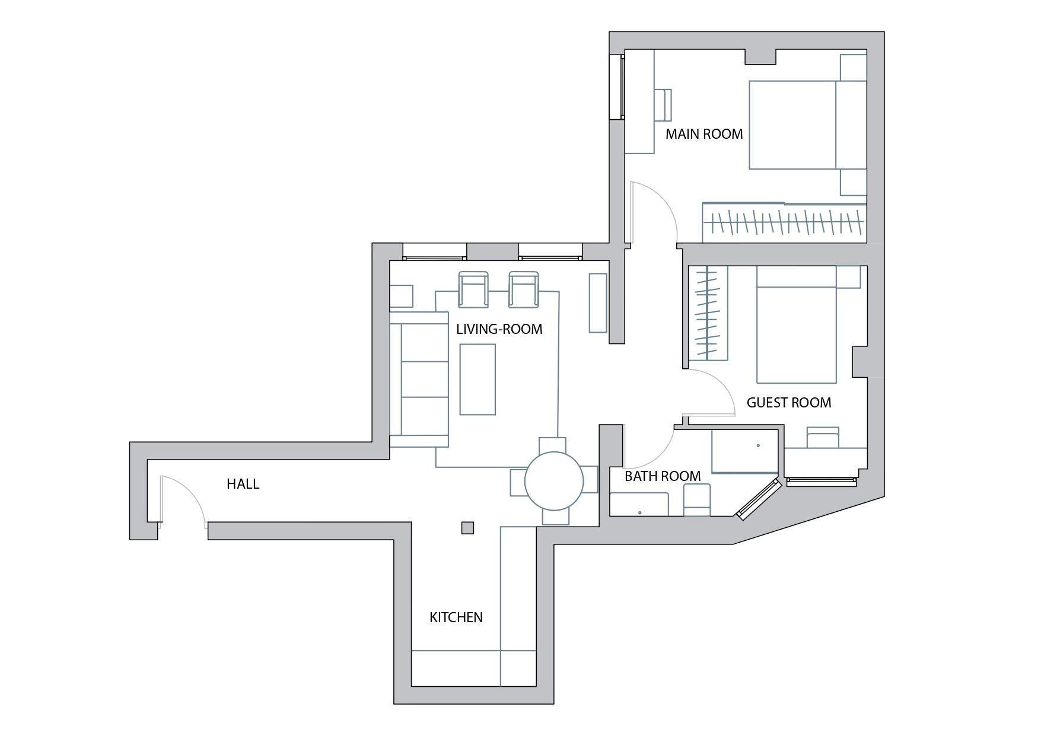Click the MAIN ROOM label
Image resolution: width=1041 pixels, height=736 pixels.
coord(704,134)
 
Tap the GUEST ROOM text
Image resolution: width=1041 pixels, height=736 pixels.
coord(789,403)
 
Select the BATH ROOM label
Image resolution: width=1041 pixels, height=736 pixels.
coord(663,476)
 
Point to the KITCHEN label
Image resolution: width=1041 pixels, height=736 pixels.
coord(456,617)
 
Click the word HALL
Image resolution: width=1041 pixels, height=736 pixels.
coord(243,484)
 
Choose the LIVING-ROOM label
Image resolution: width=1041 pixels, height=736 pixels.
coord(499,329)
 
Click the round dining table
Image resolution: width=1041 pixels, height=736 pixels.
coord(554,481)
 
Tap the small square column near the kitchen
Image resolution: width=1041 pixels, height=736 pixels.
coord(467,527)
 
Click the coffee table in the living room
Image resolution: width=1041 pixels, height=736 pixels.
coord(477,380)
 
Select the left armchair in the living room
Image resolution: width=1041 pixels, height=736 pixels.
coord(473,289)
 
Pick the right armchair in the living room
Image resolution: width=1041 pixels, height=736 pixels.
coord(524,289)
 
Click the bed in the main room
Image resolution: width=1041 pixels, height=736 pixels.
coord(808,125)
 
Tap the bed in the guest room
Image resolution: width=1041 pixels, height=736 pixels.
coord(797,324)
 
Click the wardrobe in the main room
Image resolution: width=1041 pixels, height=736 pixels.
coord(784,222)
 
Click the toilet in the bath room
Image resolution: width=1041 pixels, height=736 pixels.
coord(697,500)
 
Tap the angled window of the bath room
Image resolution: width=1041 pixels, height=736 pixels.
coord(757,500)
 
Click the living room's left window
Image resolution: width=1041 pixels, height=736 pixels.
coord(434,251)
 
